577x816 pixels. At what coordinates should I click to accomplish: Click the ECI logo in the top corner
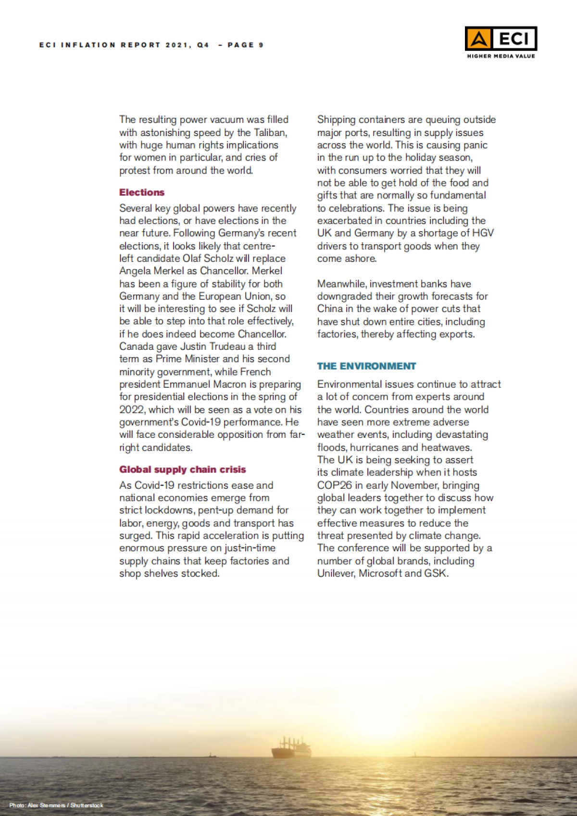pos(501,38)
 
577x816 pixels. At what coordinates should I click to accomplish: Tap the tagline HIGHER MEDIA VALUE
pos(501,56)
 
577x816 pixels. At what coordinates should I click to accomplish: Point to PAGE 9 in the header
pos(245,45)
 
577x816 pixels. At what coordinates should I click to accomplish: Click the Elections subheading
pos(142,192)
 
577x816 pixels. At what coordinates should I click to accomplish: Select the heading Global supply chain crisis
pos(183,470)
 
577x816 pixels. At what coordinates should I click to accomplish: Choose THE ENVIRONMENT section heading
pos(366,366)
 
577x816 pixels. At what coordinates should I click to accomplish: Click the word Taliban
pos(270,132)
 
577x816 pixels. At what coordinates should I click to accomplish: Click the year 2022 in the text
pos(131,409)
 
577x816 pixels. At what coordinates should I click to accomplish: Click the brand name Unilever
pos(336,573)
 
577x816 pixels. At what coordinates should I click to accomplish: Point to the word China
pos(329,309)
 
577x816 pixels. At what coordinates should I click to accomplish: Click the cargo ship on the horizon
pos(291,748)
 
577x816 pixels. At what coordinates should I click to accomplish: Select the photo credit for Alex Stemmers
pos(56,805)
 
